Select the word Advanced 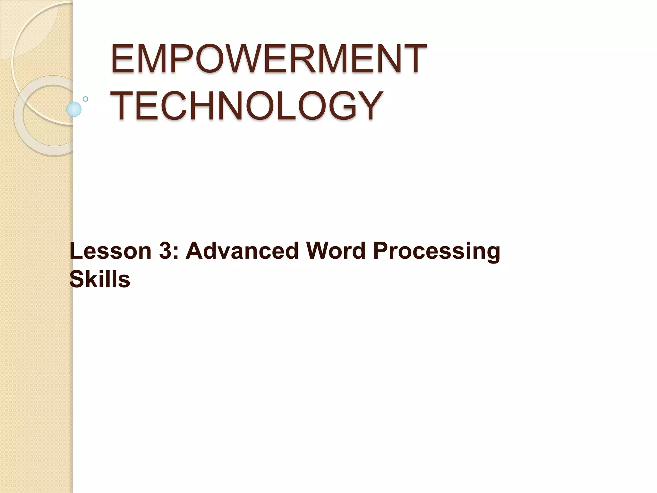[x=242, y=251]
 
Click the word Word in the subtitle [x=336, y=251]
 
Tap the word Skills [x=100, y=279]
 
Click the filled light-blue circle [x=74, y=109]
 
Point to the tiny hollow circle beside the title [x=85, y=99]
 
